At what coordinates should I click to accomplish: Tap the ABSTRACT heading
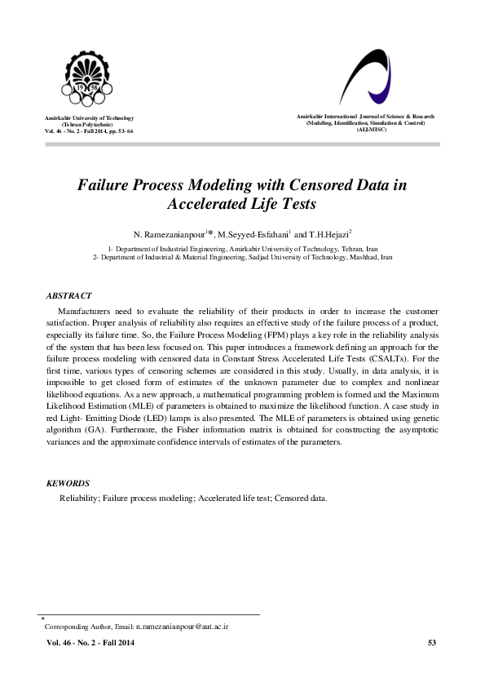pos(69,295)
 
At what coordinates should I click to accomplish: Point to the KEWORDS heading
pos(68,483)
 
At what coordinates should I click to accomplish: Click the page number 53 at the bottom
pos(432,644)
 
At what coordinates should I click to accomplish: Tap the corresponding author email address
pos(182,627)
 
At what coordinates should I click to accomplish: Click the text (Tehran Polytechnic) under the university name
pos(90,125)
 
